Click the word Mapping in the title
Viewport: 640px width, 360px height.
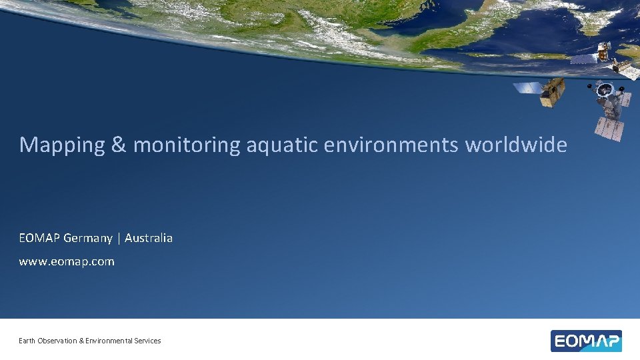coord(62,145)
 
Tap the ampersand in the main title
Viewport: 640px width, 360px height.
coord(119,145)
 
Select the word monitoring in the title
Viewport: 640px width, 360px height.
coord(187,145)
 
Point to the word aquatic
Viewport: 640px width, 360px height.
coord(283,145)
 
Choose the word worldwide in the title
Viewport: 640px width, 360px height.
coord(516,145)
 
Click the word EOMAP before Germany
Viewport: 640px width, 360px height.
coord(39,238)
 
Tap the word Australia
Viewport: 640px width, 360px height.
coord(148,238)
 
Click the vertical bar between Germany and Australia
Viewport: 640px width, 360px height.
coord(119,238)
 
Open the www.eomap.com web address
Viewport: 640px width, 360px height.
coord(67,261)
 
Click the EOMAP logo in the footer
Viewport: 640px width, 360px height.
coord(586,341)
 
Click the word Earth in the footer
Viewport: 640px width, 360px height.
coord(27,341)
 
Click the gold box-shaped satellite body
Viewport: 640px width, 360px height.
coord(553,92)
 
